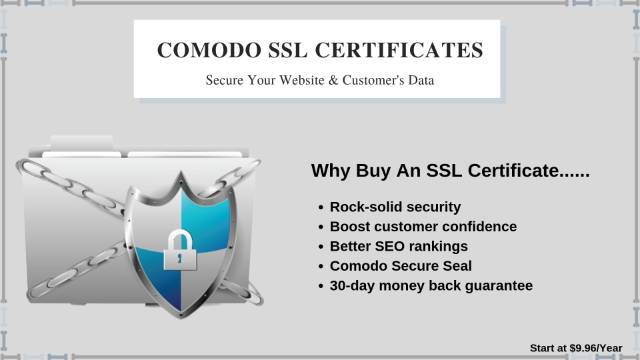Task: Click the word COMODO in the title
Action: [x=209, y=50]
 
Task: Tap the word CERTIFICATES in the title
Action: [x=399, y=50]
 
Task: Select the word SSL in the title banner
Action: [x=288, y=50]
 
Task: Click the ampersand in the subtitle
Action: [x=333, y=80]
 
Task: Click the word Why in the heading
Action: [x=331, y=171]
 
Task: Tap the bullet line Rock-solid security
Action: [x=395, y=207]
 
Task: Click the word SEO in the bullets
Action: [x=390, y=247]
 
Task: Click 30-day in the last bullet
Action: [x=352, y=286]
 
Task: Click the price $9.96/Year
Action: [x=596, y=348]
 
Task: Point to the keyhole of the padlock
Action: [x=180, y=258]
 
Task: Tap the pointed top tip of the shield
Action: [x=181, y=173]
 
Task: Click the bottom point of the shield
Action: [x=181, y=316]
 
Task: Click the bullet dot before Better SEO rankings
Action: [x=321, y=247]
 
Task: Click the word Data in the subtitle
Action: [x=421, y=80]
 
